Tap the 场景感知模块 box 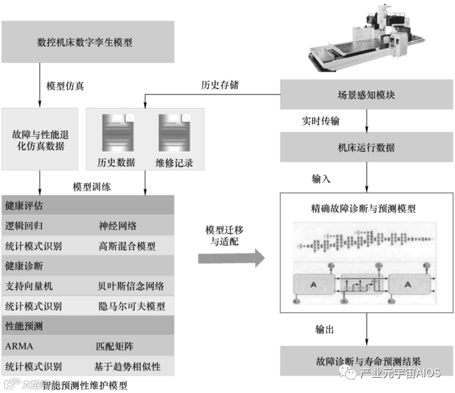366,95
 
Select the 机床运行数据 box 366,148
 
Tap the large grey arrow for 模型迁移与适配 231,258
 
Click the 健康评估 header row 88,207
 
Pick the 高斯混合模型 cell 127,246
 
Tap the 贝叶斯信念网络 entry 132,286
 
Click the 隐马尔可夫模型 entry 132,306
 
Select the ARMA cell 19,346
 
